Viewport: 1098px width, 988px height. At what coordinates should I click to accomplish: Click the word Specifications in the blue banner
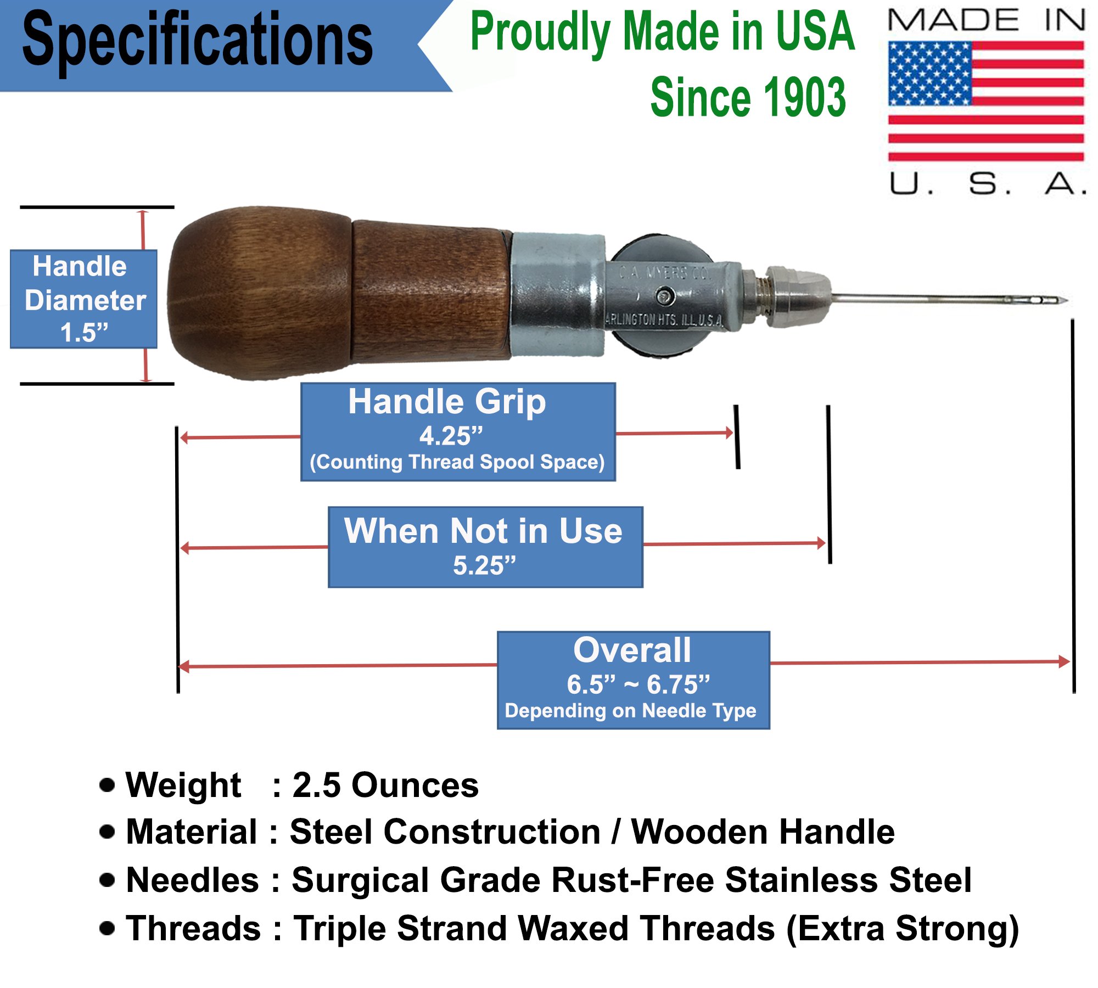[198, 41]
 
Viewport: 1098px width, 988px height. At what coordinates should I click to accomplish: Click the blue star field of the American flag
[929, 74]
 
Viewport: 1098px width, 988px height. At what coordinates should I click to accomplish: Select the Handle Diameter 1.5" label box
[84, 299]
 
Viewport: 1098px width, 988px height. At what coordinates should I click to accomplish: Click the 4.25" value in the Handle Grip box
[451, 436]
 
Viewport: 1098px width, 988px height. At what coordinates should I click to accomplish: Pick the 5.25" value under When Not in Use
[484, 565]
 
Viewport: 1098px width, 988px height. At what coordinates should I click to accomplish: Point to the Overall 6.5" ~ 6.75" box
[633, 680]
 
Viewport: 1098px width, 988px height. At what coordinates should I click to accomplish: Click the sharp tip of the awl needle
[1066, 300]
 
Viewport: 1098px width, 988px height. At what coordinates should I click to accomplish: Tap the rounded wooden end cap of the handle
[258, 294]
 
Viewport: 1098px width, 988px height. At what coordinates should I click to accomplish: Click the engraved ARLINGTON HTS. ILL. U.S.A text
[664, 319]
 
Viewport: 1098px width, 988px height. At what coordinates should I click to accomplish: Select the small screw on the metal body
[665, 296]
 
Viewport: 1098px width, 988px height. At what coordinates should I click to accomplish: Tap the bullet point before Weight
[108, 785]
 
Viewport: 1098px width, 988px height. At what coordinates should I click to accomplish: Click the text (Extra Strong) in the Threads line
[902, 929]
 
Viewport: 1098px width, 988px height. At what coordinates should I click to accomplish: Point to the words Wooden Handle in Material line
[763, 832]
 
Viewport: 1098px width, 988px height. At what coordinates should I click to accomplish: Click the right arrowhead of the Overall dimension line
[1065, 661]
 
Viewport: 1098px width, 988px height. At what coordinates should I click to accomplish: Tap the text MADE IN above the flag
[986, 20]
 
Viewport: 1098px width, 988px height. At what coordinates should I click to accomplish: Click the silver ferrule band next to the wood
[557, 295]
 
